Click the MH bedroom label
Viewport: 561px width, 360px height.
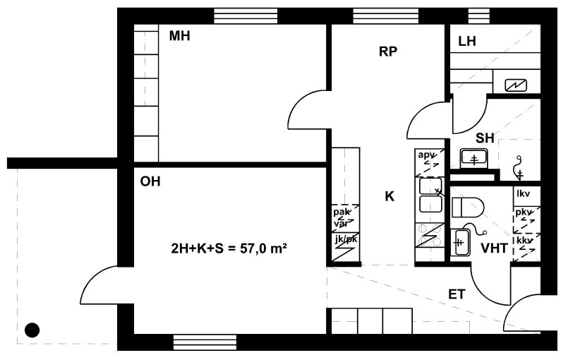tap(179, 36)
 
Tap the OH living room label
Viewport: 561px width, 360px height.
tap(150, 181)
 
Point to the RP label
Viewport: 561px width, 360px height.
tap(388, 52)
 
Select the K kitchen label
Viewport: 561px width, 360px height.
tap(390, 196)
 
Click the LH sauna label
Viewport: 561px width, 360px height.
tap(467, 42)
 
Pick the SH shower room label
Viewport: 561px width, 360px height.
tap(485, 138)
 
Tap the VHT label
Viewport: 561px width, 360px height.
tap(494, 248)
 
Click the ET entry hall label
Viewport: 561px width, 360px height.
tap(457, 294)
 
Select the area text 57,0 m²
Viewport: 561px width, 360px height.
tap(263, 248)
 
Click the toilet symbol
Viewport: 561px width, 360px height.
tap(468, 208)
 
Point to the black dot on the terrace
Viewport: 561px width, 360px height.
tap(32, 330)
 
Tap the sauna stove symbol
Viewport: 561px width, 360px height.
tap(516, 85)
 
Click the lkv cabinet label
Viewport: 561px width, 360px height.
tap(523, 193)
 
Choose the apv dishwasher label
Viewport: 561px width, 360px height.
tap(427, 155)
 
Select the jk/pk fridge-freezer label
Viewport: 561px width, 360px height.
tap(346, 239)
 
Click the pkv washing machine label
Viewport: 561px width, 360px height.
tap(524, 212)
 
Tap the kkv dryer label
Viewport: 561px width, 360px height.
tap(524, 240)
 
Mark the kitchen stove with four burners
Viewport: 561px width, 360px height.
tap(430, 235)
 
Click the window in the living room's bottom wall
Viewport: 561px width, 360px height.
tap(205, 342)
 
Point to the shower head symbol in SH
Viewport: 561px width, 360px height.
tap(518, 167)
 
